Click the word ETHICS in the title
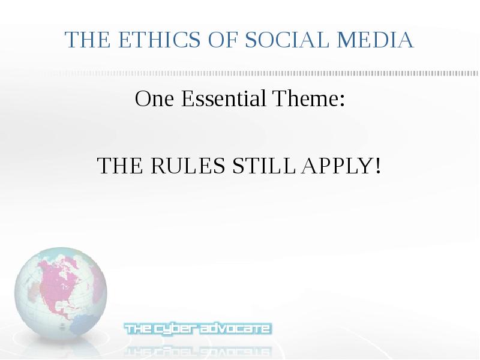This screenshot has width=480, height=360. [x=159, y=40]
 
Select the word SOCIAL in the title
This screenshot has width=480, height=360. [x=287, y=40]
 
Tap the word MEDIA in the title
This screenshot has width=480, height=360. [x=376, y=40]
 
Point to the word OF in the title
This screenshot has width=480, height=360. [x=223, y=40]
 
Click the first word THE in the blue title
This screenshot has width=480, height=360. [x=88, y=40]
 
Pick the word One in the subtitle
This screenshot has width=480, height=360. [x=154, y=99]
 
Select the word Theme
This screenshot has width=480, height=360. [x=305, y=98]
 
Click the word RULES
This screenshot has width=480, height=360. [x=188, y=166]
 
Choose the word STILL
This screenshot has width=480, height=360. [x=264, y=166]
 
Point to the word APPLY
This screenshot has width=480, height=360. [x=336, y=166]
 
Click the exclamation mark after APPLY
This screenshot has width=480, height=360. [x=378, y=166]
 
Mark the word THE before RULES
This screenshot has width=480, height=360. [x=120, y=166]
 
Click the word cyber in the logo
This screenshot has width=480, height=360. [x=175, y=329]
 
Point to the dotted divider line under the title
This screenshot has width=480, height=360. [x=260, y=73]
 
